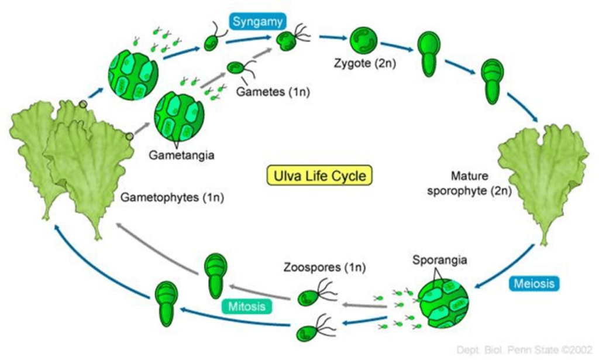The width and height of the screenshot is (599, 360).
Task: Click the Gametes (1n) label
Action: click(266, 92)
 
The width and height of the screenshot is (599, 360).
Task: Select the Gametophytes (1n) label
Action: click(173, 198)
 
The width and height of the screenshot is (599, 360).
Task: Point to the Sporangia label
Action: click(435, 259)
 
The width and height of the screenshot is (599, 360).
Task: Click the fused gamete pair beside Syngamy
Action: click(288, 40)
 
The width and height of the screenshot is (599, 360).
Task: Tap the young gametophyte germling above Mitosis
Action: click(215, 275)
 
